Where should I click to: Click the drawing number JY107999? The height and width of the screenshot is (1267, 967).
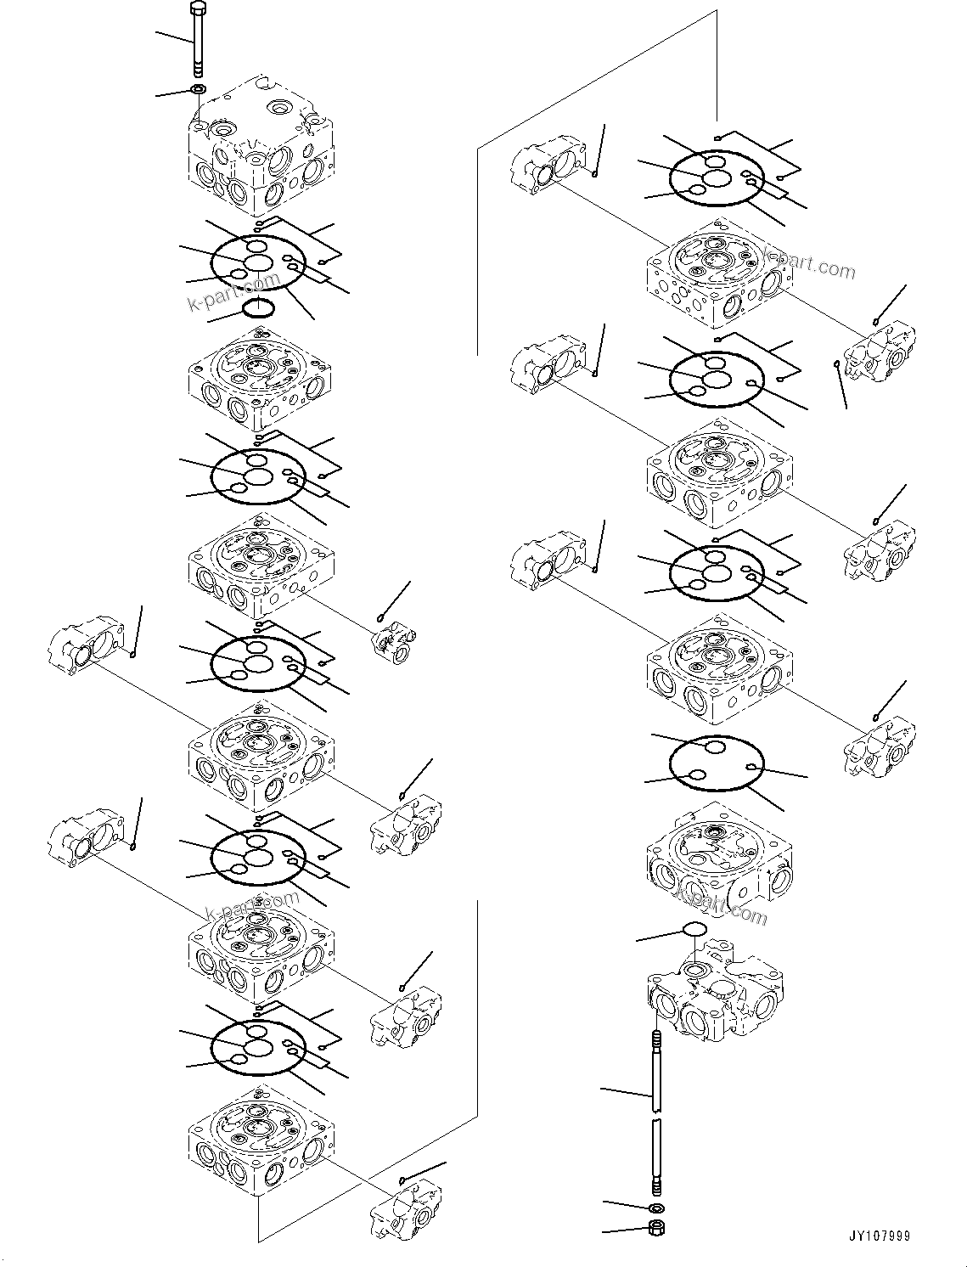(x=877, y=1236)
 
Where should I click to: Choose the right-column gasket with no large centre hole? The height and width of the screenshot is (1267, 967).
(x=717, y=763)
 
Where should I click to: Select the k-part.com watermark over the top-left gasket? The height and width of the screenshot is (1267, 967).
(x=233, y=291)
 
